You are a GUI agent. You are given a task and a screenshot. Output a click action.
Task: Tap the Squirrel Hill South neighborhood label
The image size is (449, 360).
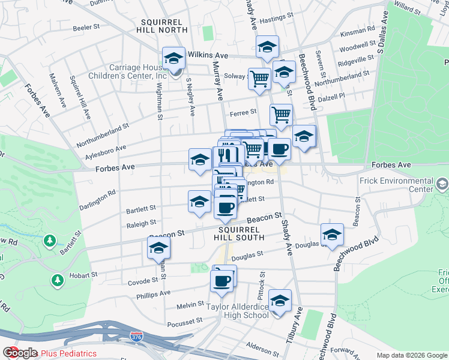coord(241,233)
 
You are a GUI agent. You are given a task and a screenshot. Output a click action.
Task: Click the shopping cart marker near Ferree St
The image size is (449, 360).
coord(280,114)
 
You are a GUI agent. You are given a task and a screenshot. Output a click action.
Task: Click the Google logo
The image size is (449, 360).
coord(20,353)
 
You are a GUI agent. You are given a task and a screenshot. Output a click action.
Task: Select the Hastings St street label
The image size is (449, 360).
coord(277,18)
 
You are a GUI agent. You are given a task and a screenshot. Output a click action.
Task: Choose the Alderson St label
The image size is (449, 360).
coord(260,346)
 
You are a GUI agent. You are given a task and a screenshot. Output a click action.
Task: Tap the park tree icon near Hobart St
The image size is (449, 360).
coord(58,280)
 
